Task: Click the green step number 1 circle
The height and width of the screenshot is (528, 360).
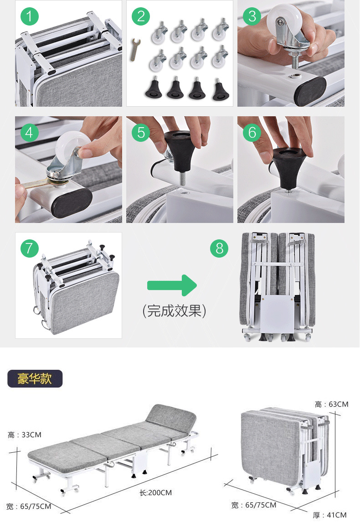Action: [30, 16]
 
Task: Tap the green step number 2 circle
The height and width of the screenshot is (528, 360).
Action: [141, 16]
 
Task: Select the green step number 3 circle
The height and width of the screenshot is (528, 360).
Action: [252, 16]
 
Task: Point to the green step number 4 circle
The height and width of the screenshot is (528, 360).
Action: [30, 132]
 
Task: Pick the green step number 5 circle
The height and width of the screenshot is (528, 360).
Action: [141, 132]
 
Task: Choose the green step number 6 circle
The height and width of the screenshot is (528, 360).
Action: [252, 132]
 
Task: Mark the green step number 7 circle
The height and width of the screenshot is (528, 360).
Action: [30, 248]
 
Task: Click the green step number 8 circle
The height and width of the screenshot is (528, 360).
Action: [219, 248]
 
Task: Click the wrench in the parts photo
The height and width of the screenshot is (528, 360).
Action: [135, 50]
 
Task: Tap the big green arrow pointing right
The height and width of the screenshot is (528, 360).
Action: [172, 285]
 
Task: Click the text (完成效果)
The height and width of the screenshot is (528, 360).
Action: [174, 311]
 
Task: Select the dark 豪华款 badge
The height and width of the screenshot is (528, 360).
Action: [35, 378]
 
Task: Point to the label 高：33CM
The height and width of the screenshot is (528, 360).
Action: [25, 435]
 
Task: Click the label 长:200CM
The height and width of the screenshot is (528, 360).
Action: [156, 492]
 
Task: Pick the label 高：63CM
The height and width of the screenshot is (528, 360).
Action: [331, 404]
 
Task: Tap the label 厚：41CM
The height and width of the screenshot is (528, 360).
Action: [330, 515]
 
